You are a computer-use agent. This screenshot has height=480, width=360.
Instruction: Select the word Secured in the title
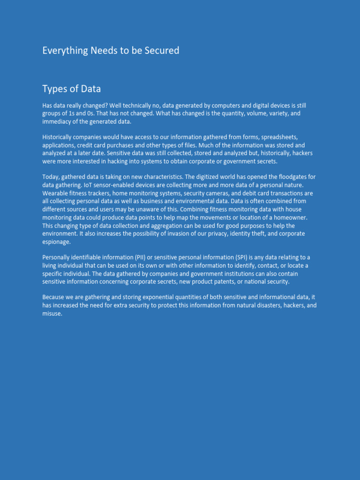pos(163,51)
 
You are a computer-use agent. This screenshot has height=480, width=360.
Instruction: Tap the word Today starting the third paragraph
pos(51,177)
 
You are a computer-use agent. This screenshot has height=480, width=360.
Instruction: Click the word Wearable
pos(55,193)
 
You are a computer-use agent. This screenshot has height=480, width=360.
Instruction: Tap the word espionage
pos(56,242)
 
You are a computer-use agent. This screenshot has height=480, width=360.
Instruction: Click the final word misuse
pos(52,314)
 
